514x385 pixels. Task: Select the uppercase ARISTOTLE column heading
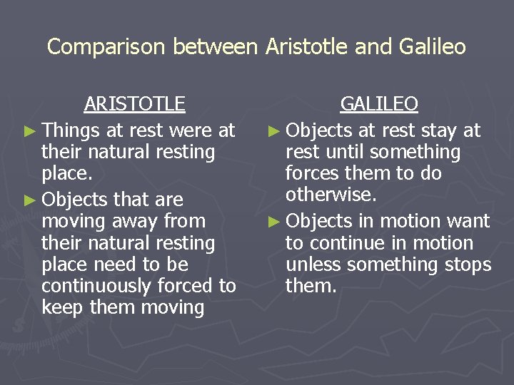tap(134, 104)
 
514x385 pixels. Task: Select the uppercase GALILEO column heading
tap(379, 104)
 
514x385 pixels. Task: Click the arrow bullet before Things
tap(31, 131)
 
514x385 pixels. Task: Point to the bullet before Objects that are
tap(31, 200)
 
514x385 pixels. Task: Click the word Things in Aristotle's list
tap(71, 130)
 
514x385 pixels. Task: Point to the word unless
tap(308, 265)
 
